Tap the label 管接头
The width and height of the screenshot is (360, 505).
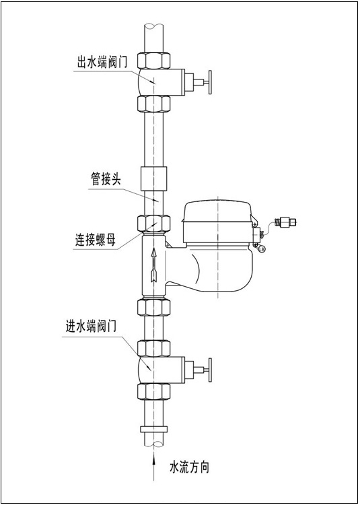click(x=106, y=180)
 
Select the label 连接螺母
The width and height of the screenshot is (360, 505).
click(x=96, y=240)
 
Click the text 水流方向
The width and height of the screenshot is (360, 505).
click(x=190, y=467)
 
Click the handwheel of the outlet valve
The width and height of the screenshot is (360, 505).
click(x=210, y=82)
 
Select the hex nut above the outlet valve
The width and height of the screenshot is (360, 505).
click(x=154, y=60)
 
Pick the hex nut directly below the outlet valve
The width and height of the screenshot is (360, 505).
click(x=154, y=104)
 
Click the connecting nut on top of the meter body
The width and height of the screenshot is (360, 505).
click(x=154, y=224)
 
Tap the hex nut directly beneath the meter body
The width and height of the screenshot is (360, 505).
click(x=154, y=307)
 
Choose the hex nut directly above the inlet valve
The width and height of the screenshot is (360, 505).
click(x=154, y=348)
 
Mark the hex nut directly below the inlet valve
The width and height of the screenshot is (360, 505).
click(x=154, y=392)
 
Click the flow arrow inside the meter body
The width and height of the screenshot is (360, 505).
click(x=154, y=265)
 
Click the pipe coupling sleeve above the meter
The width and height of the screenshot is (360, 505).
click(x=154, y=178)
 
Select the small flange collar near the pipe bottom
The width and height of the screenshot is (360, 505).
click(x=154, y=429)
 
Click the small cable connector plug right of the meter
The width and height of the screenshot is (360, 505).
click(x=285, y=222)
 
